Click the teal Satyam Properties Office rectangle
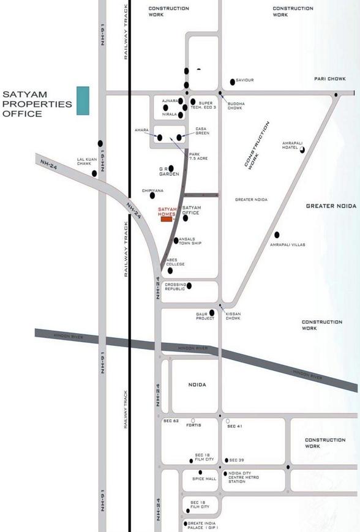pyautogui.click(x=83, y=100)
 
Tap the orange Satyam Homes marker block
pyautogui.click(x=167, y=219)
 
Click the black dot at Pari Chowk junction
pyautogui.click(x=336, y=94)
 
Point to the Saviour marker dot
pyautogui.click(x=232, y=81)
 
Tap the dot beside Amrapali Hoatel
pyautogui.click(x=302, y=148)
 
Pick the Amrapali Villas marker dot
pyautogui.click(x=277, y=234)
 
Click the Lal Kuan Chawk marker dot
pyautogui.click(x=94, y=174)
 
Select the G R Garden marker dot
pyautogui.click(x=171, y=168)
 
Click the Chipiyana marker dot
pyautogui.click(x=152, y=196)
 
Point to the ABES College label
pyautogui.click(x=175, y=261)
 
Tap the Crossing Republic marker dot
pyautogui.click(x=189, y=285)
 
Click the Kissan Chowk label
pyautogui.click(x=233, y=316)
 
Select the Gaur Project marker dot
pyautogui.click(x=212, y=312)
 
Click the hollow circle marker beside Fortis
pyautogui.click(x=193, y=421)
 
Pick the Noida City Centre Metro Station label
pyautogui.click(x=245, y=478)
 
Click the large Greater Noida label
pyautogui.click(x=331, y=206)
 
